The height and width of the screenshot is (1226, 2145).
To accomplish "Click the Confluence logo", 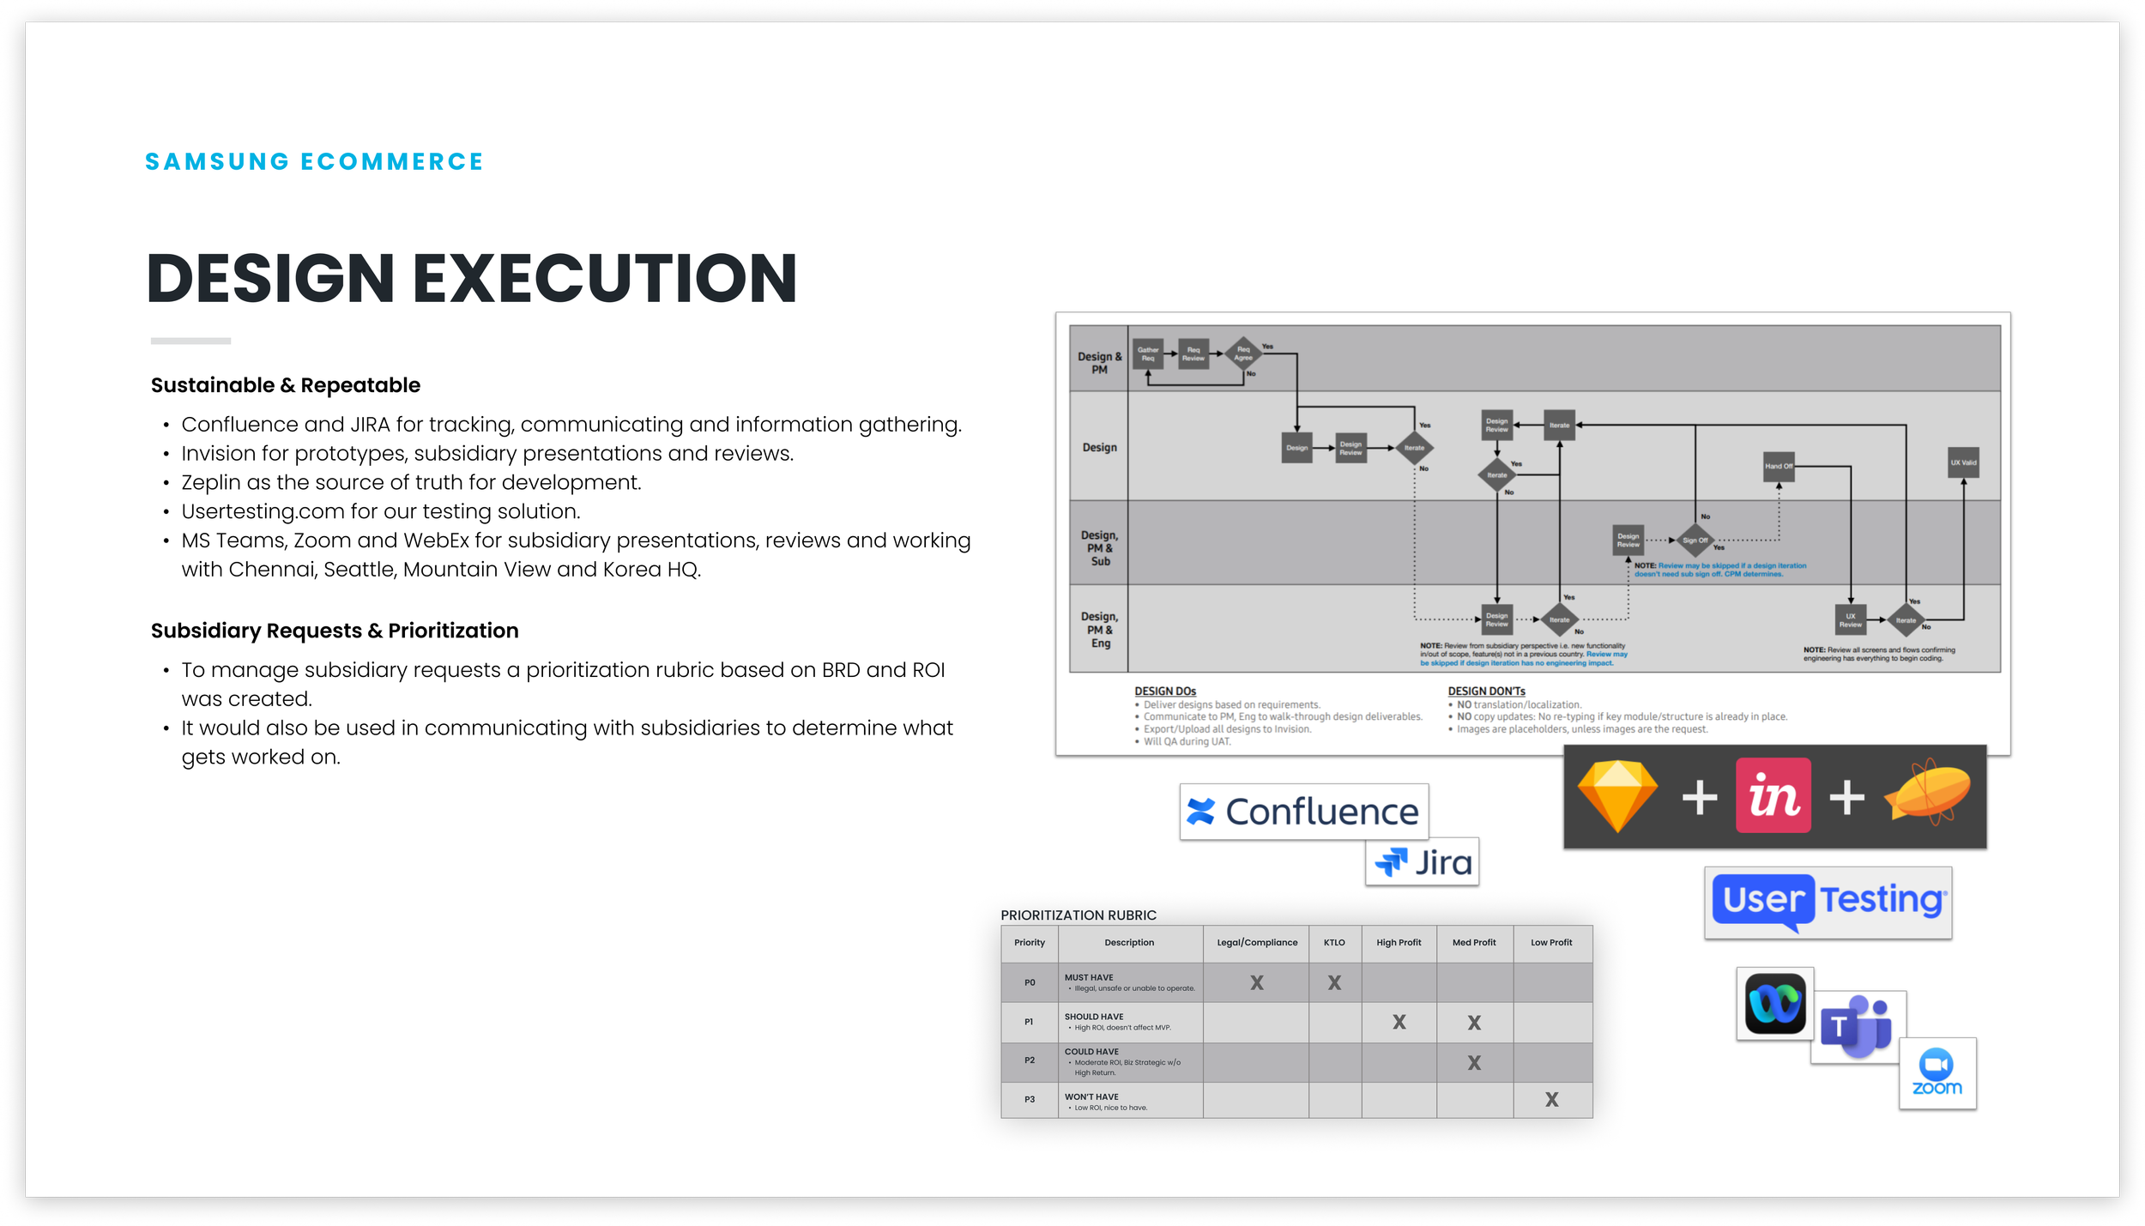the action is click(1303, 812).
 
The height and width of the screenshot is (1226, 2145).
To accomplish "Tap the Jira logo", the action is click(1423, 861).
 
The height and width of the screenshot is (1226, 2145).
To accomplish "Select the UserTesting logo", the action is click(1828, 902).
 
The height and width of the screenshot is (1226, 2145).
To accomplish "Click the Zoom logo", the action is click(1937, 1072).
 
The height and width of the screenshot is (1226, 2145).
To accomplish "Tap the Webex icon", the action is click(1775, 1004).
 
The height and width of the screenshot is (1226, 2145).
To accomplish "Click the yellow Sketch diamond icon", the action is click(1617, 796).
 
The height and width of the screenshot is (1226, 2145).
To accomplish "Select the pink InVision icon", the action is click(1773, 795).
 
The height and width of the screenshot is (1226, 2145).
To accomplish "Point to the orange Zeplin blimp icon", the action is click(1929, 794).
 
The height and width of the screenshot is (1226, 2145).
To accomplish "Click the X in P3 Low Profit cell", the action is click(1551, 1100).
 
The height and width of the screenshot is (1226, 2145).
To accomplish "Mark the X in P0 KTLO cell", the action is click(1334, 983).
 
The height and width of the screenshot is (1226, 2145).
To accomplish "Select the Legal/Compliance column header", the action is click(1257, 943).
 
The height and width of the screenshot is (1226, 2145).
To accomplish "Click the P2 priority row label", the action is click(1030, 1060).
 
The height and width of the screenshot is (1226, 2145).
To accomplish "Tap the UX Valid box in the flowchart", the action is click(1963, 462).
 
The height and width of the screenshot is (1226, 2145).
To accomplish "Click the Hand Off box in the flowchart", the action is click(1779, 466).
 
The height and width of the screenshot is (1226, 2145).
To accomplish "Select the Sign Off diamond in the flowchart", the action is click(1695, 541).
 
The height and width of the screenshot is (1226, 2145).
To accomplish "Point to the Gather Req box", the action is click(1148, 353).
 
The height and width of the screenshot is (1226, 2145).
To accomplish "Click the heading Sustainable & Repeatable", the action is click(286, 385).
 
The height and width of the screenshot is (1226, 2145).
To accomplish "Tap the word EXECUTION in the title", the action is click(605, 278).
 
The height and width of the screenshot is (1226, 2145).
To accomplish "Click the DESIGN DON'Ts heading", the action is click(1486, 692).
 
